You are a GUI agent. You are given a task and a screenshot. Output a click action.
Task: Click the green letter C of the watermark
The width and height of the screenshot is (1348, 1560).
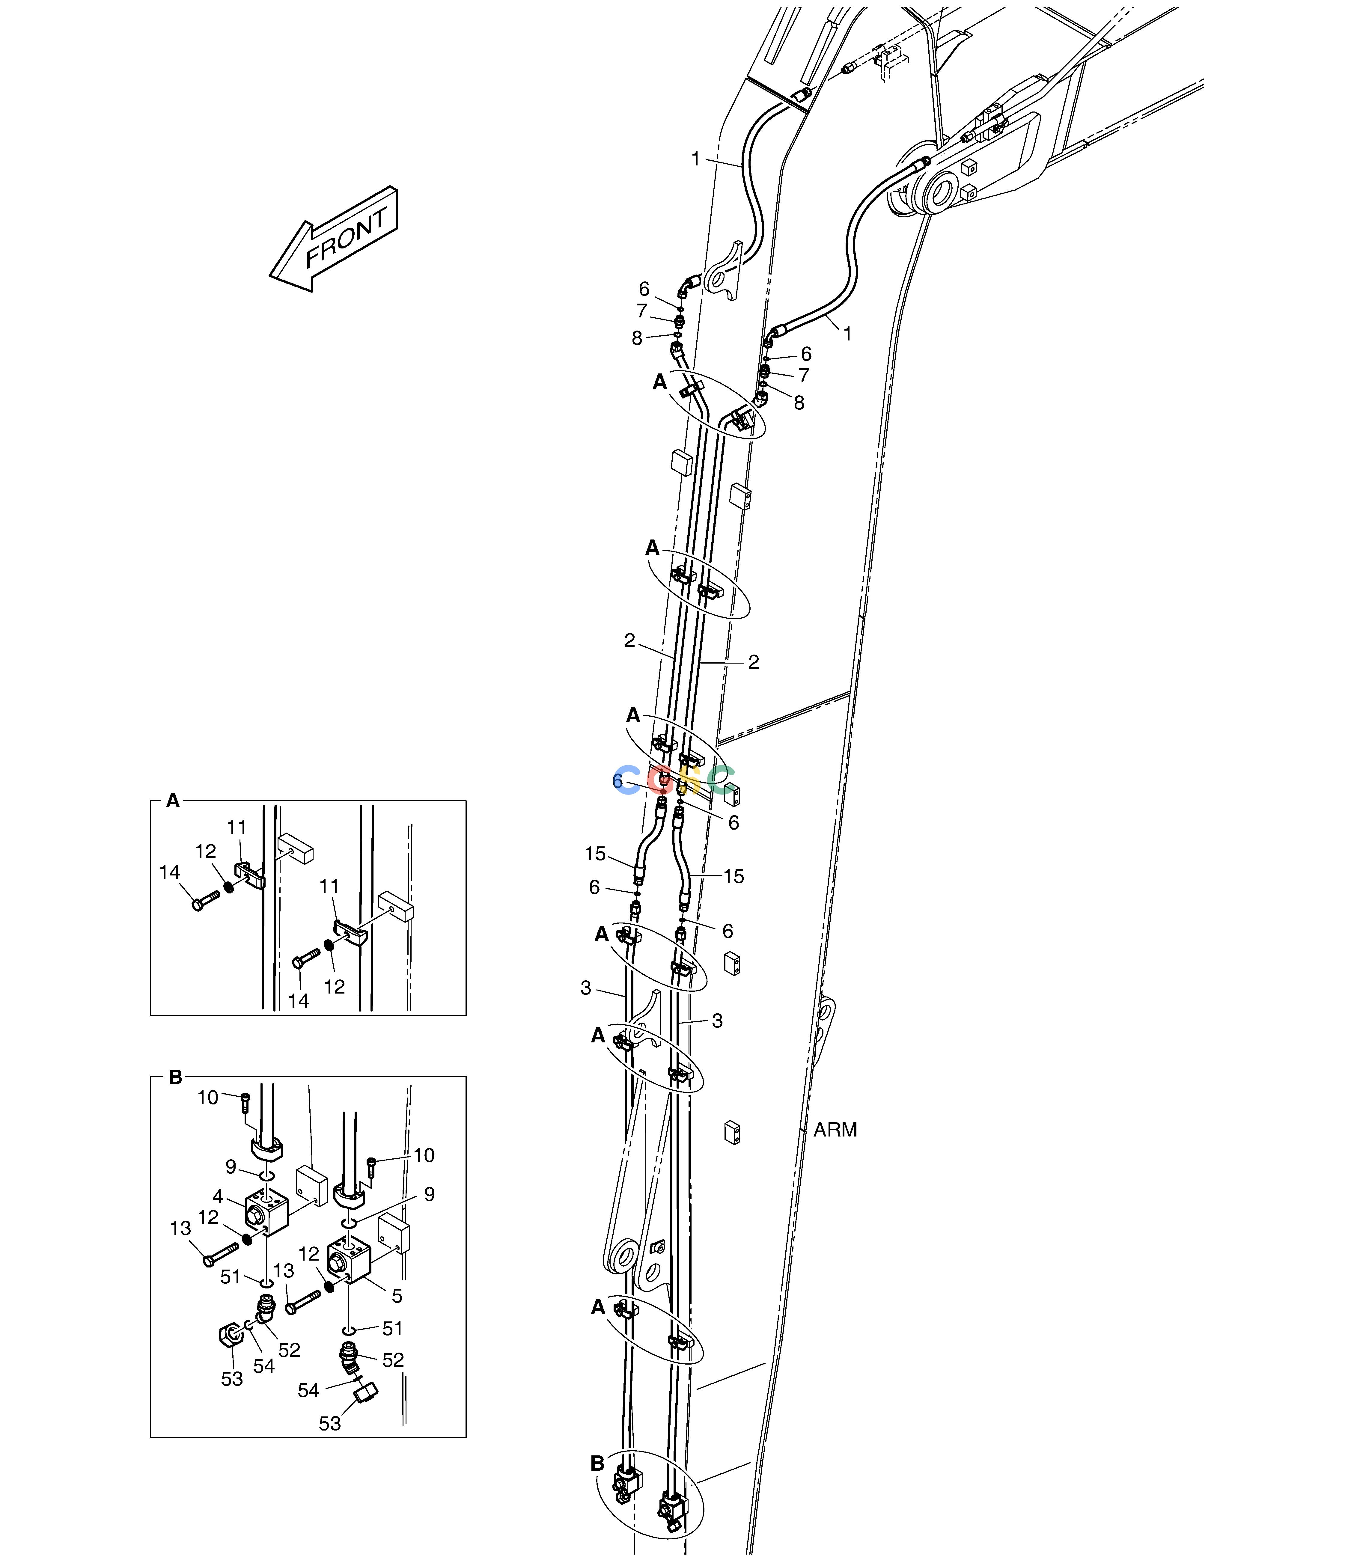click(x=722, y=780)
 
